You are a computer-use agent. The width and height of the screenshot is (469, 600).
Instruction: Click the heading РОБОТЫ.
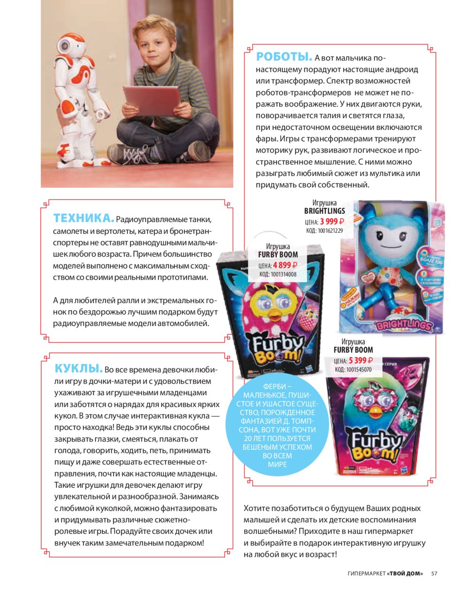click(284, 57)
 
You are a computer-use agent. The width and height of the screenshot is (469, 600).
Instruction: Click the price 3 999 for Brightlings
click(329, 222)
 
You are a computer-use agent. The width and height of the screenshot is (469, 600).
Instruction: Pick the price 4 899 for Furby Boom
click(282, 265)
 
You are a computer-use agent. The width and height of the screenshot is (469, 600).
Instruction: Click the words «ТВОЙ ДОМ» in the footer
click(405, 573)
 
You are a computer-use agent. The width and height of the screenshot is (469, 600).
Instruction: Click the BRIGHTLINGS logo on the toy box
click(402, 325)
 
